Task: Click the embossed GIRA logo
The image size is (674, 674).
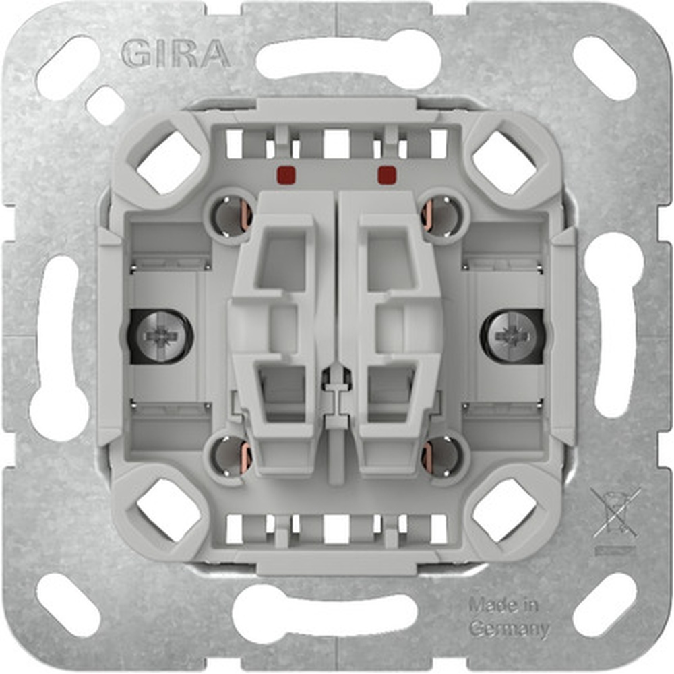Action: tap(176, 54)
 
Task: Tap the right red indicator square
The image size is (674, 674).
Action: tap(386, 175)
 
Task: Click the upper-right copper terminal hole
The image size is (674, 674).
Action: tap(441, 215)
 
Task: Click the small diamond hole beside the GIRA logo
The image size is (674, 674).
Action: tap(105, 105)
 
